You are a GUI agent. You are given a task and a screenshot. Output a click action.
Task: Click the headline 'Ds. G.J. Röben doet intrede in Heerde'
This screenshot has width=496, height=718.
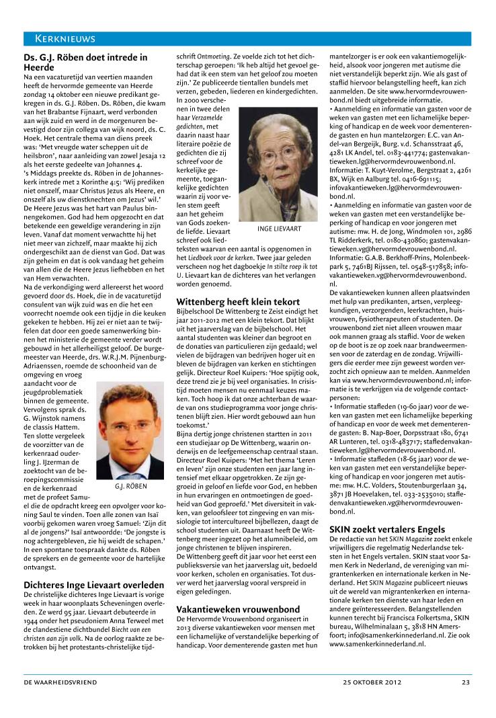tap(85, 63)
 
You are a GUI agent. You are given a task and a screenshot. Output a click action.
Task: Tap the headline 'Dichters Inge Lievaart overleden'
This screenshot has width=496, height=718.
tap(94, 586)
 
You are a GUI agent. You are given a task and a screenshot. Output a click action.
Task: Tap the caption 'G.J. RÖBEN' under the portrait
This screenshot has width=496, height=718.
tap(130, 486)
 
